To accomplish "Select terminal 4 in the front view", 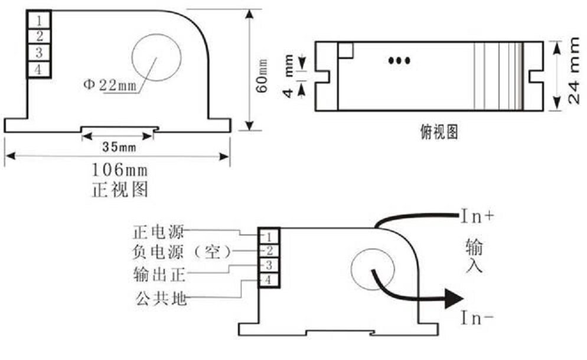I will (x=39, y=70).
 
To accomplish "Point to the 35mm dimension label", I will (x=118, y=146).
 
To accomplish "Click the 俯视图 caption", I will (x=435, y=132).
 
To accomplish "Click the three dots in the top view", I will (x=399, y=60).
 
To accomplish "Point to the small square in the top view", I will (x=345, y=51).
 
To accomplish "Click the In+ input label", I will (x=478, y=217).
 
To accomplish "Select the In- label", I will (x=478, y=319).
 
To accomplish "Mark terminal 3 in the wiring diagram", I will (x=268, y=266).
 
